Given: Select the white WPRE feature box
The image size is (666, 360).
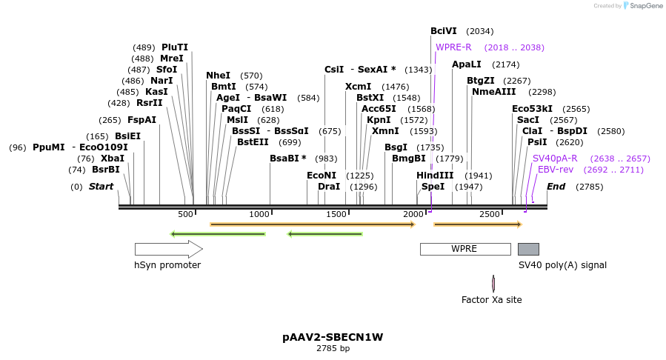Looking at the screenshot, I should coord(464,249).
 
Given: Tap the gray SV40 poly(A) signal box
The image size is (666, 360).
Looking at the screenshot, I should coord(528,249).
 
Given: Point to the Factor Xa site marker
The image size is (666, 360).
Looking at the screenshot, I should coord(493,283).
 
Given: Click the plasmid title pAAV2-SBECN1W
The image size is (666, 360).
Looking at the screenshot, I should coord(333,337).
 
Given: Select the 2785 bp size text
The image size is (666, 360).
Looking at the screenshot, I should coord(333,348).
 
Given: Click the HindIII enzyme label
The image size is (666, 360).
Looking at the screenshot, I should coord(435,176).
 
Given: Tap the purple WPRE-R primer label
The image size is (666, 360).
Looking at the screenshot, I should coord(453,47).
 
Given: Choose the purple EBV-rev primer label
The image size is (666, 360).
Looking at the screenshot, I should coord(556,170).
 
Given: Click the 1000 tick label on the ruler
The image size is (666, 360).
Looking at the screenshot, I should coord(259,214).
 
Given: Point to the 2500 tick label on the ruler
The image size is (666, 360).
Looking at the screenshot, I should coord(490,214).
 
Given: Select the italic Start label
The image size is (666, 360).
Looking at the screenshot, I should coord(101,187).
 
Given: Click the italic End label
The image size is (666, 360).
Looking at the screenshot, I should coord(556,187).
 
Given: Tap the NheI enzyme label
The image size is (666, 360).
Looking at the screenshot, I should coord(219,76).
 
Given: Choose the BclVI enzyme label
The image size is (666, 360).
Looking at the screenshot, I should coord(444,31).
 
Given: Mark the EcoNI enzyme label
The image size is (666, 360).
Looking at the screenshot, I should coord(322,176).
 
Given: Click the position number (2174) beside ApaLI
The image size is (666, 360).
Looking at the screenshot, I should coord(506,64).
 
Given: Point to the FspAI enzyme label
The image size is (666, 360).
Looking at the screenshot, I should coord(141,120).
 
